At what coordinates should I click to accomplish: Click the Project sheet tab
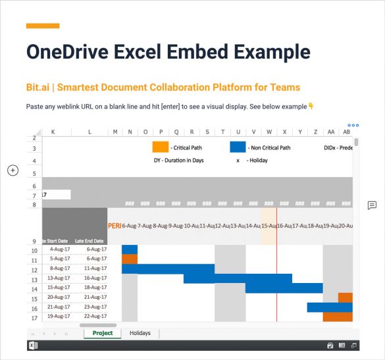click(x=102, y=333)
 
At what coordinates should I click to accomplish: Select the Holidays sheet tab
click(x=140, y=333)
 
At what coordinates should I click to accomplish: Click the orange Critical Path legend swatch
click(x=160, y=147)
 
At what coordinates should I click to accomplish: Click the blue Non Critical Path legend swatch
click(x=238, y=147)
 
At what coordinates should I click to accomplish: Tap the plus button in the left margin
click(x=13, y=170)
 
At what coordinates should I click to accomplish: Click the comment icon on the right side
click(x=372, y=205)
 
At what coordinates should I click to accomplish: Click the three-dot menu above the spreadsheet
click(x=353, y=125)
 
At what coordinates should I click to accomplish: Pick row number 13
click(x=34, y=278)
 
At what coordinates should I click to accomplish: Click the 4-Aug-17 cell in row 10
click(x=60, y=249)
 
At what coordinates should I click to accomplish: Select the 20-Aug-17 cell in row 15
click(x=60, y=297)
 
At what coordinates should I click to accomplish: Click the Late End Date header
click(x=90, y=241)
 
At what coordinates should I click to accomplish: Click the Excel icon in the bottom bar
click(x=32, y=346)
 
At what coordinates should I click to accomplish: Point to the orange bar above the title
click(x=43, y=26)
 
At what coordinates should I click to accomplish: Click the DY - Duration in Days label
click(x=178, y=160)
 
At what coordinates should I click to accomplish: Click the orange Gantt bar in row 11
click(x=130, y=259)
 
